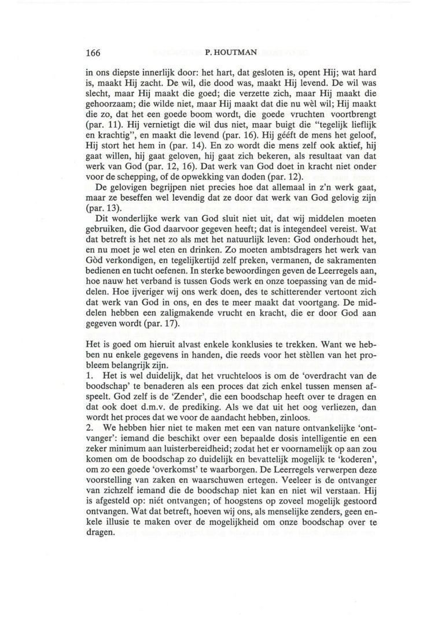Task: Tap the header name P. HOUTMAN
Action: [x=227, y=53]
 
